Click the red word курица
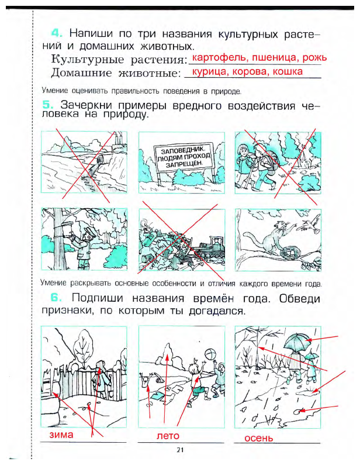click(x=206, y=72)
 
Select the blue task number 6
click(x=49, y=298)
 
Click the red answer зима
click(x=62, y=436)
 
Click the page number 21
click(x=179, y=450)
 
